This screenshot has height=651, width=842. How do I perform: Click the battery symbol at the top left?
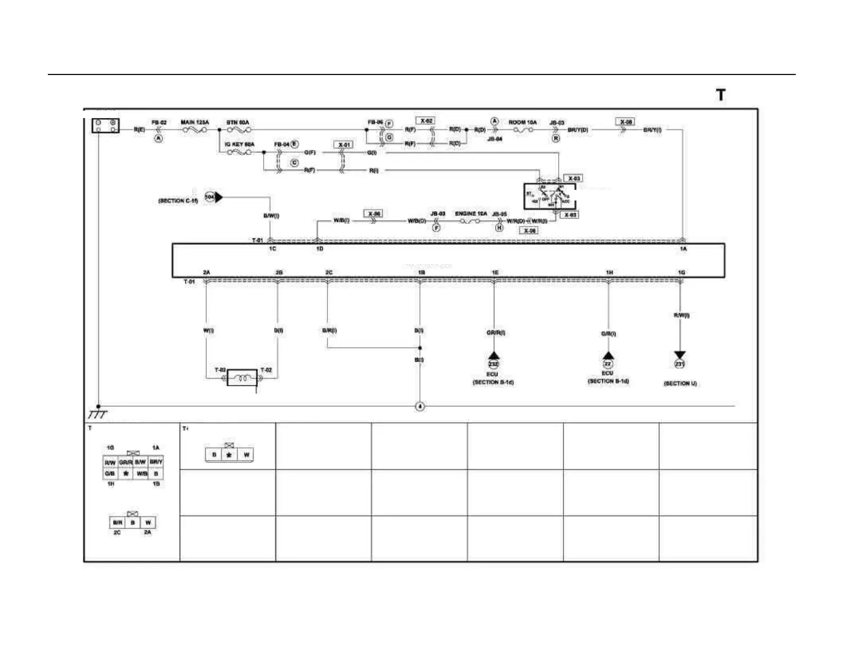point(105,126)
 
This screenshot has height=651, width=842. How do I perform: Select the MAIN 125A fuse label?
point(195,122)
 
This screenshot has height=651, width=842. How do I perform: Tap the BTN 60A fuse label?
point(238,122)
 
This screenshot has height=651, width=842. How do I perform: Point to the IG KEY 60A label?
point(239,144)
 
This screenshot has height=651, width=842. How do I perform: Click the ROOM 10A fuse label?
point(523,122)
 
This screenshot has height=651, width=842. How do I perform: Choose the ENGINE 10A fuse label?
point(471,214)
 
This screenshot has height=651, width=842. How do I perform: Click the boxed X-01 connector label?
point(344,145)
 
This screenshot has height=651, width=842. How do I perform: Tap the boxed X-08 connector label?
point(626,122)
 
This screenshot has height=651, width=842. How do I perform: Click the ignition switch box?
point(550,197)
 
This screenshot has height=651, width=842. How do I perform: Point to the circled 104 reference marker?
point(210,197)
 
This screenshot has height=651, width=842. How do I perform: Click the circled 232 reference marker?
point(493,364)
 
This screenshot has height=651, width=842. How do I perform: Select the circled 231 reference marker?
point(679,364)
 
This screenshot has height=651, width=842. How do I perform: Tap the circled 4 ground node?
point(420,406)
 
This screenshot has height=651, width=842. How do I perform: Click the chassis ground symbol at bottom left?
point(97,414)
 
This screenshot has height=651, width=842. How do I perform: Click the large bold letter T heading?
point(720,95)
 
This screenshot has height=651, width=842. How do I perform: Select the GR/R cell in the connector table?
point(125,462)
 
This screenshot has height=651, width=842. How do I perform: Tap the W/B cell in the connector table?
point(141,473)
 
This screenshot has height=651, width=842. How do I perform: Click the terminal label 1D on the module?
point(319,248)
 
